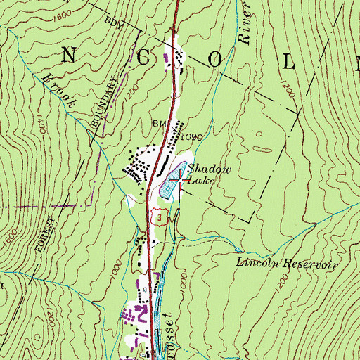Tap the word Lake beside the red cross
201,181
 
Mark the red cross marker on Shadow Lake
182,179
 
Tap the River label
245,27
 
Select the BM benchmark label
158,124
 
